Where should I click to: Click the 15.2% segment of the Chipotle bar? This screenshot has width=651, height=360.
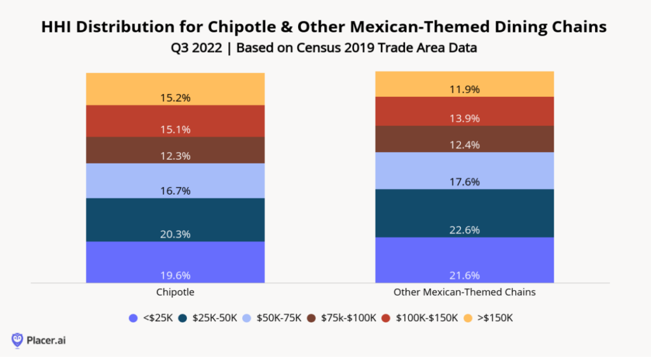(x=175, y=88)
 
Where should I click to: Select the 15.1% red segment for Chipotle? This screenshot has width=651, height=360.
(x=175, y=120)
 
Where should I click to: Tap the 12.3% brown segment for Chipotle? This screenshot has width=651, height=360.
(x=175, y=150)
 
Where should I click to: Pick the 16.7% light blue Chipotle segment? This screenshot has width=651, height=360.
(x=175, y=181)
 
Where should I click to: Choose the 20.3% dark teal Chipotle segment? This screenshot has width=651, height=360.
(x=175, y=219)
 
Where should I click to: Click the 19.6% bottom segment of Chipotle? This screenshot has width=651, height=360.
(x=175, y=261)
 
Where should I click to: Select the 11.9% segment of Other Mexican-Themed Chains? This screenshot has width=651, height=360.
(x=464, y=83)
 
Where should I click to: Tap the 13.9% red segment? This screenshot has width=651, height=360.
(x=464, y=111)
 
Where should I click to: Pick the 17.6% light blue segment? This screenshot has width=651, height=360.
(x=464, y=170)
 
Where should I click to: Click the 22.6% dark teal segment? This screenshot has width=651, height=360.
(x=464, y=212)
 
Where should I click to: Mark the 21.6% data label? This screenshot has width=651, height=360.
(x=464, y=275)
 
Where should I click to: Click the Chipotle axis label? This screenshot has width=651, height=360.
(x=175, y=293)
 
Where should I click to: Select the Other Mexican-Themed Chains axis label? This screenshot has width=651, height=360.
(x=464, y=293)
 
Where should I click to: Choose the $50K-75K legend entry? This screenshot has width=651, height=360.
(x=274, y=317)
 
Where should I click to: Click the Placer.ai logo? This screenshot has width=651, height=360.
(x=39, y=340)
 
